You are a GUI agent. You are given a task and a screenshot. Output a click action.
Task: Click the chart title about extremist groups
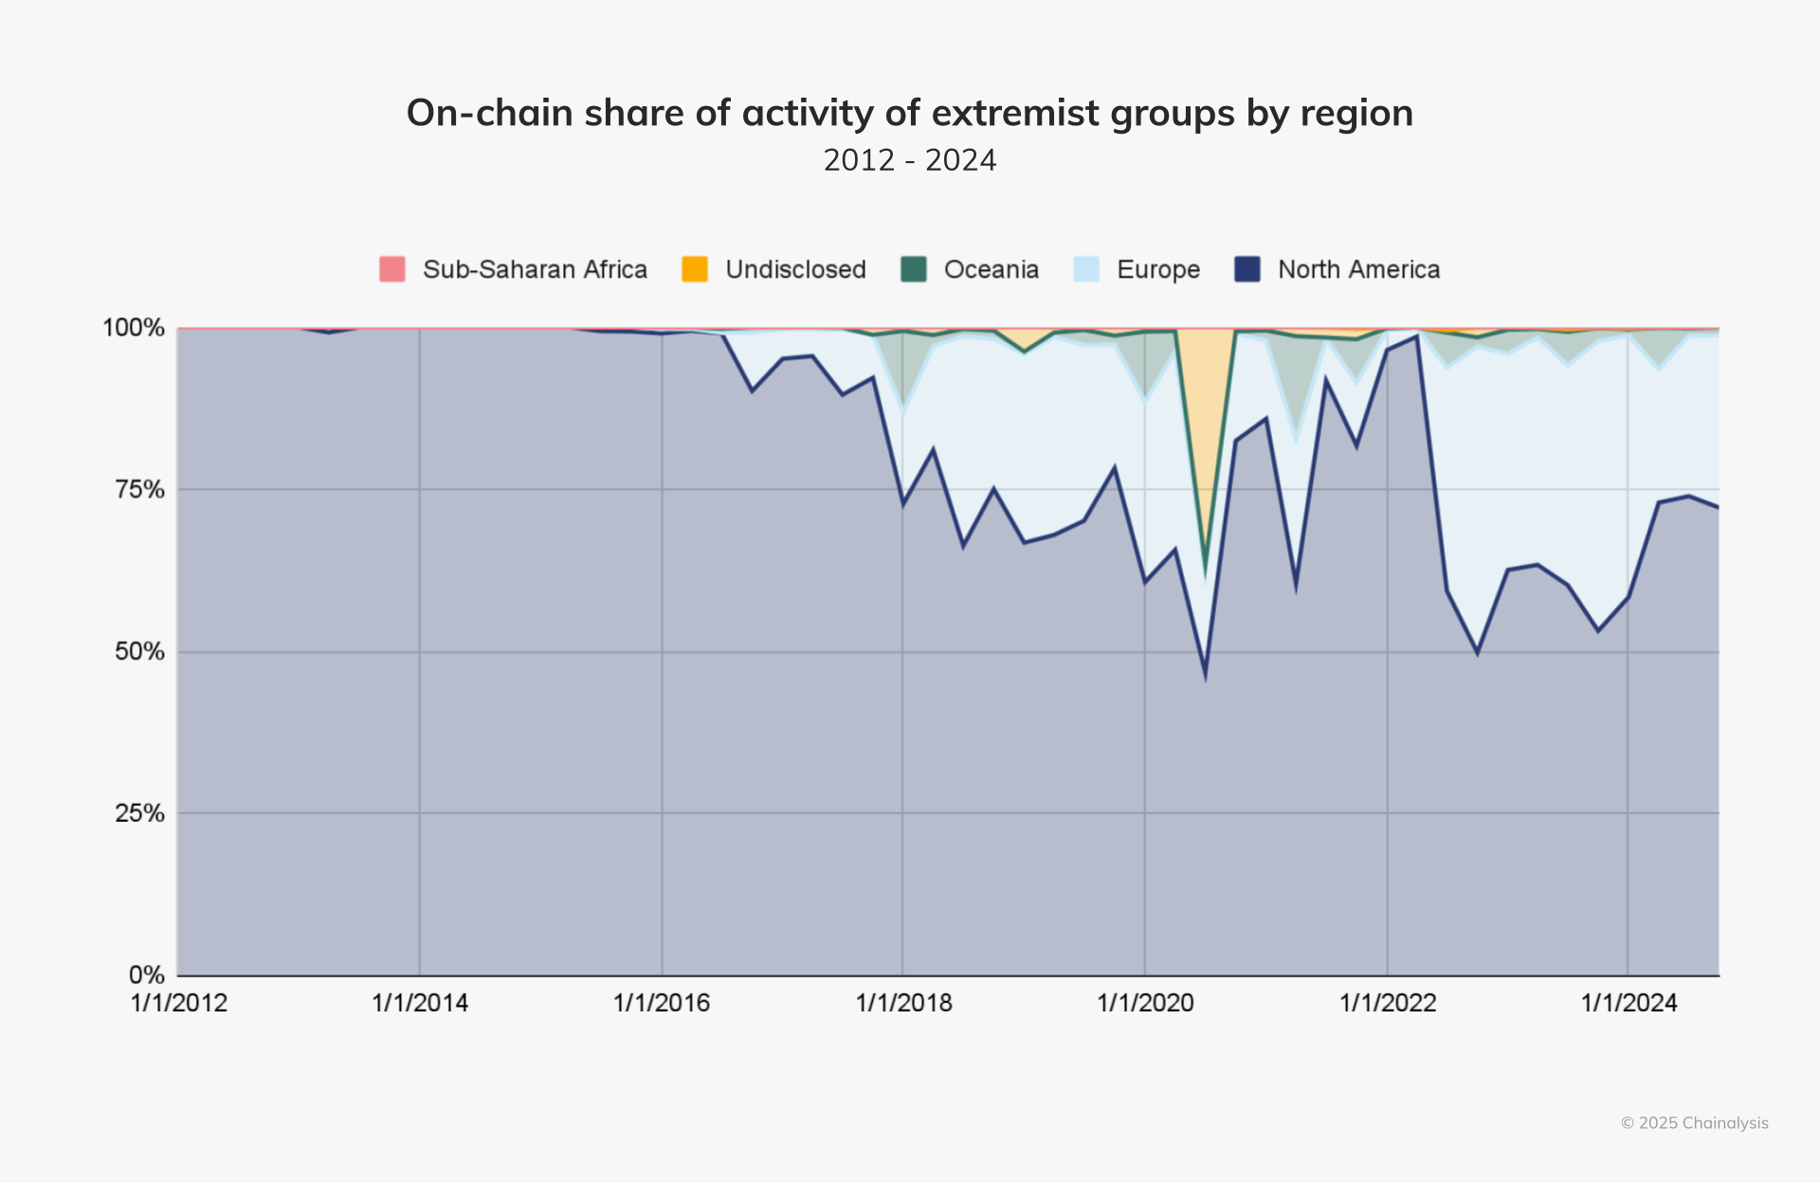(x=909, y=113)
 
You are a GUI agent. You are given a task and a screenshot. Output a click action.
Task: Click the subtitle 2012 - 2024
(x=909, y=160)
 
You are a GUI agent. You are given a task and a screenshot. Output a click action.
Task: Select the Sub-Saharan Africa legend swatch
(x=391, y=269)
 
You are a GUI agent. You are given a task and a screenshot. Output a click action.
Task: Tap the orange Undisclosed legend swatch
(x=695, y=269)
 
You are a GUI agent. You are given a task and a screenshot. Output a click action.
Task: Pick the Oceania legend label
(x=991, y=269)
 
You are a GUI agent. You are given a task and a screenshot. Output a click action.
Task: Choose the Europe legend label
(x=1157, y=269)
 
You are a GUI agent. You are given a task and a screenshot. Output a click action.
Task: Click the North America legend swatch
(x=1247, y=269)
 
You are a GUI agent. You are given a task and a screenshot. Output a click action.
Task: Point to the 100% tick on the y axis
(x=134, y=328)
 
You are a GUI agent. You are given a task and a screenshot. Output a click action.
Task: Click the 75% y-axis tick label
(x=139, y=489)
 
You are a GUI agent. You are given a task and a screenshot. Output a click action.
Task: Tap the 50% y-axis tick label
(x=139, y=651)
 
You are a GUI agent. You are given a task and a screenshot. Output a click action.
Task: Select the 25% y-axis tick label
(x=139, y=812)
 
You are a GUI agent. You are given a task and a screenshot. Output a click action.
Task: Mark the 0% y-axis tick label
(x=146, y=974)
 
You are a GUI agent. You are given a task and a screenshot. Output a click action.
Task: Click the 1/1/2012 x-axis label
(x=178, y=1003)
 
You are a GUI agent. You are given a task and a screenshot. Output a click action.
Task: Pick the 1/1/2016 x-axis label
(x=662, y=1003)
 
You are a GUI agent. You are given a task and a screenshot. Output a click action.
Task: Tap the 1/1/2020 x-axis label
(x=1145, y=1003)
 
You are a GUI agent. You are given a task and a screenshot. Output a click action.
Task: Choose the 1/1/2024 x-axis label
(x=1629, y=1003)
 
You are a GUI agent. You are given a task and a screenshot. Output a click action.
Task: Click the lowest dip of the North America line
(x=1205, y=676)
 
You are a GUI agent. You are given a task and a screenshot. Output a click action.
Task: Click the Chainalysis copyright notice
(x=1694, y=1123)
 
